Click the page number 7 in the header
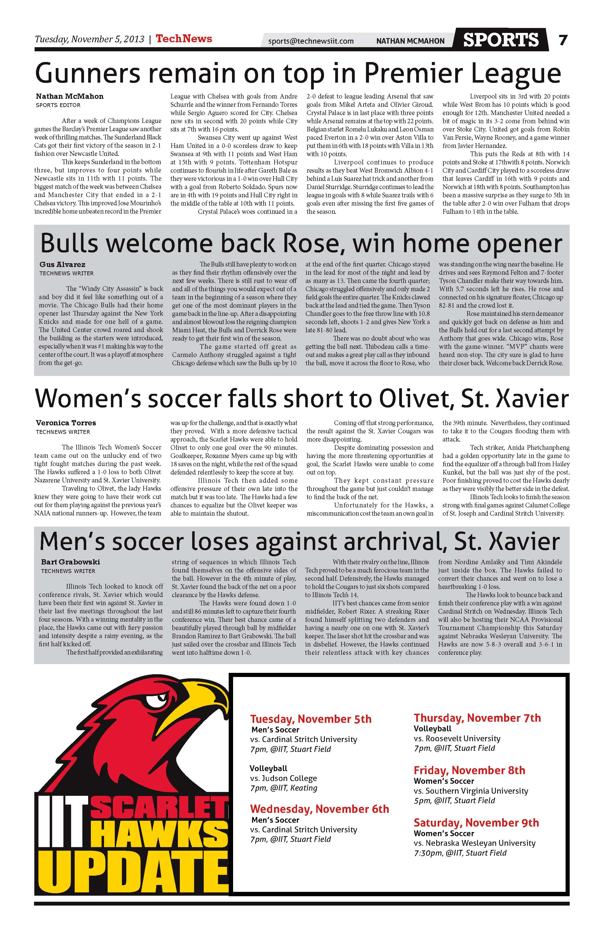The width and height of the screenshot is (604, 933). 563,40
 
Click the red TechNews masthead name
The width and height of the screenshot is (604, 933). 184,39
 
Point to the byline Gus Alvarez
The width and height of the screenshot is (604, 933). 62,265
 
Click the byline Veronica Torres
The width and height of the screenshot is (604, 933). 66,423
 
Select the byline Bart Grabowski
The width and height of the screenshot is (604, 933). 71,562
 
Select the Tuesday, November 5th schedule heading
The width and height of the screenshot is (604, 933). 311,719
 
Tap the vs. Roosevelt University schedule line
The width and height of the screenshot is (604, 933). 457,738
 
